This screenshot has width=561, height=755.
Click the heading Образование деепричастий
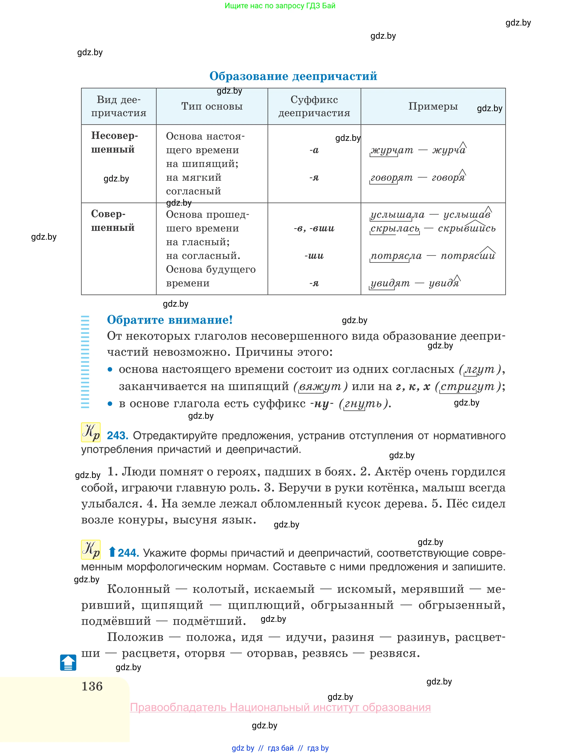[293, 76]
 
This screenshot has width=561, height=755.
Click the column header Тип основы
[212, 106]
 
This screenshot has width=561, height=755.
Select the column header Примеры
[433, 106]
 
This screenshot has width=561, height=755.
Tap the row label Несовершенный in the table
[115, 142]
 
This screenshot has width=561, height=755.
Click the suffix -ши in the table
[314, 256]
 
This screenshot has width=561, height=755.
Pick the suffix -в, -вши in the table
[314, 228]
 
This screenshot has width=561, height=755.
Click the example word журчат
[392, 150]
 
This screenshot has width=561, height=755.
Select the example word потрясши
[468, 256]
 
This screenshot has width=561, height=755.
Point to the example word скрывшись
[467, 228]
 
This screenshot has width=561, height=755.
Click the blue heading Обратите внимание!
[170, 320]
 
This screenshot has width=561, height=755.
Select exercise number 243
[118, 435]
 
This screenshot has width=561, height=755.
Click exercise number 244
[128, 553]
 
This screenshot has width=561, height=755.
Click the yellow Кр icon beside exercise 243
[91, 432]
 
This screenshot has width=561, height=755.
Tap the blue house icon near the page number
[68, 662]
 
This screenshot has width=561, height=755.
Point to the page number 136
[92, 686]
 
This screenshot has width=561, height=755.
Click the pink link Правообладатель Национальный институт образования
[281, 707]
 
